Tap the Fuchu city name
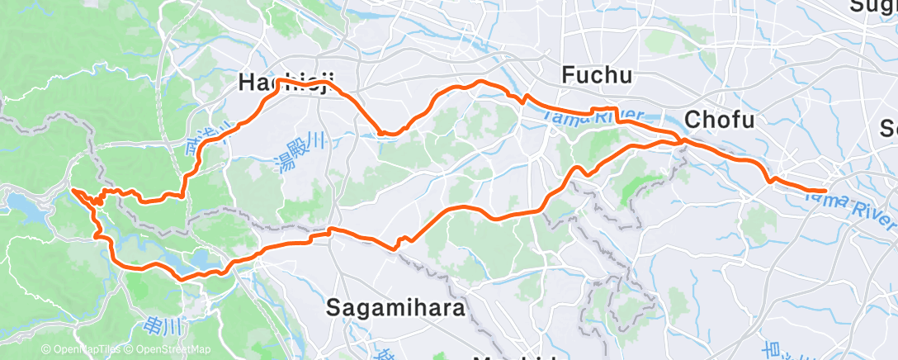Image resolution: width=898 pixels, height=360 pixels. pyautogui.click(x=597, y=76)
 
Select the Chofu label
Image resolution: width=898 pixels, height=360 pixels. pyautogui.click(x=720, y=121)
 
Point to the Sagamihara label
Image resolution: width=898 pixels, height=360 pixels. pyautogui.click(x=396, y=307)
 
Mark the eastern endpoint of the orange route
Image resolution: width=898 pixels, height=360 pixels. pyautogui.click(x=825, y=191)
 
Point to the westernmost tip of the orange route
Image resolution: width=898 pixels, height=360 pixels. pyautogui.click(x=73, y=190)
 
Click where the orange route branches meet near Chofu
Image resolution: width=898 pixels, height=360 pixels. pyautogui.click(x=682, y=143)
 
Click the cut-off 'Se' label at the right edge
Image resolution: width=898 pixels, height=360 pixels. pyautogui.click(x=888, y=129)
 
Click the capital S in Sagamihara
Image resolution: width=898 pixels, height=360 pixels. pyautogui.click(x=333, y=308)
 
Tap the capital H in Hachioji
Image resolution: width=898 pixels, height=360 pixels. pyautogui.click(x=246, y=82)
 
